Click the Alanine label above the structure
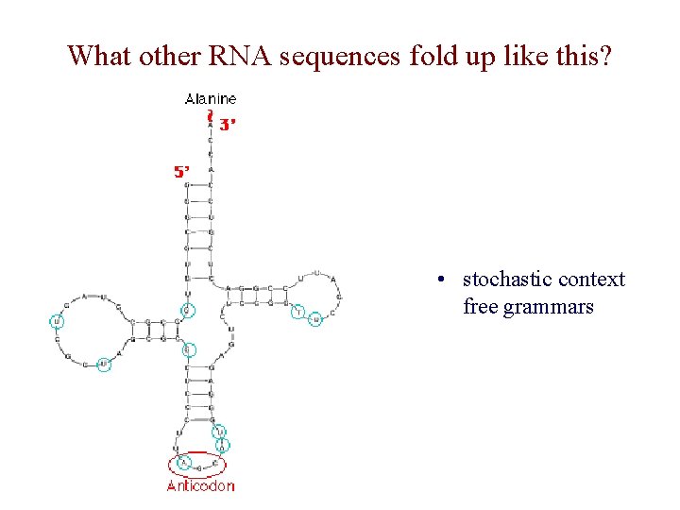click(211, 98)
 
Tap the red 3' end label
click(227, 123)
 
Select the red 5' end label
click(181, 172)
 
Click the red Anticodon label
click(200, 485)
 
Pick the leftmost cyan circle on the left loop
click(57, 322)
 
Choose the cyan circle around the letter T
click(298, 312)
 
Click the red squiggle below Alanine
click(209, 117)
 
